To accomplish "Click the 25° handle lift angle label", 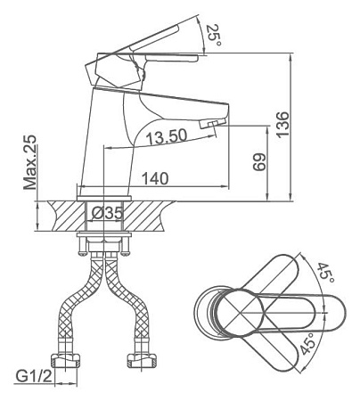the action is [214, 35].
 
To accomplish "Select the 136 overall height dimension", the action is [282, 125].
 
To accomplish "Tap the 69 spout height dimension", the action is [259, 162].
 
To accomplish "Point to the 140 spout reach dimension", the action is [155, 178].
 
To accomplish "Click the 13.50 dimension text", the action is [167, 136].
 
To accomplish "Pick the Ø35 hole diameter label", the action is [107, 213].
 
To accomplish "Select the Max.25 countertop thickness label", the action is [30, 162].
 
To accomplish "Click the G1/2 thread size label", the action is [34, 376].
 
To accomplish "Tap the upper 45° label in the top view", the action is [325, 273].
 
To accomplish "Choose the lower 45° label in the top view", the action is [307, 344].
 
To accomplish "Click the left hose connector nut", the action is [66, 360].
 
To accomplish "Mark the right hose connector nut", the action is [142, 360].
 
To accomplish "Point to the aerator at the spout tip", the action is [212, 124].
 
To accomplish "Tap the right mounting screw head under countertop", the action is [126, 253].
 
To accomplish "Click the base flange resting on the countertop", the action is [104, 198].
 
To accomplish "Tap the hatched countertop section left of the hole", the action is [67, 216].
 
